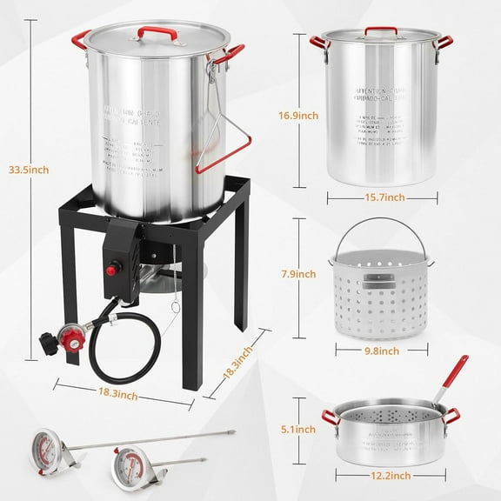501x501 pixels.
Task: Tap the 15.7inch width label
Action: coord(383,197)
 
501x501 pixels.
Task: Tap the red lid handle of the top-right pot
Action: coord(381,31)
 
